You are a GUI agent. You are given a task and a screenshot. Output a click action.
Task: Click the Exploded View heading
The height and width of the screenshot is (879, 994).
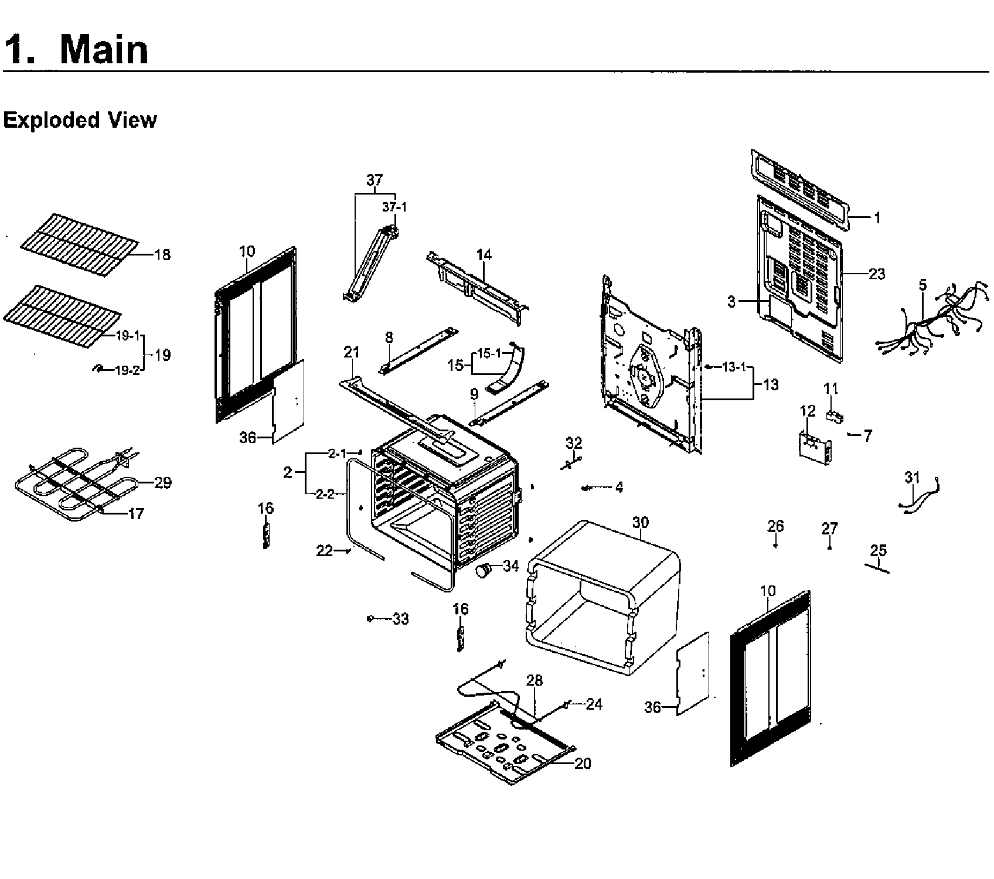coord(80,120)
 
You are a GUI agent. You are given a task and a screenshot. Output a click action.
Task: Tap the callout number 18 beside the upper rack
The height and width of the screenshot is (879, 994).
coord(162,255)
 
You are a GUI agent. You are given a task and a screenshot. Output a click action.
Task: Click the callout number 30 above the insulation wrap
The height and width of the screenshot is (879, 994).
coord(641,522)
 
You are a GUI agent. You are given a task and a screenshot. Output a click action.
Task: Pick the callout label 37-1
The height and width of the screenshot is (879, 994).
coord(394,207)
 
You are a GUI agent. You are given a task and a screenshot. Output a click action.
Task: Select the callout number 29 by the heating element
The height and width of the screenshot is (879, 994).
coord(162,483)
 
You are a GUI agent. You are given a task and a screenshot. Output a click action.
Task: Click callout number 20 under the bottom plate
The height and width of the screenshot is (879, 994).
coord(583,763)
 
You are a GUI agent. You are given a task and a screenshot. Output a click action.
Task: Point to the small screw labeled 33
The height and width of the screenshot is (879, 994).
coord(370,619)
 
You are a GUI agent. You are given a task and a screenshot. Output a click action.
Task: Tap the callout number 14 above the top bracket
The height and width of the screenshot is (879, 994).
coord(484,255)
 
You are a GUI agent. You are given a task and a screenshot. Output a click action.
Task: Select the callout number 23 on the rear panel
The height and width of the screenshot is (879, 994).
coord(876,274)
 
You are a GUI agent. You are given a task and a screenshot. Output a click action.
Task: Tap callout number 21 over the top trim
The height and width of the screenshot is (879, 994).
coord(351,352)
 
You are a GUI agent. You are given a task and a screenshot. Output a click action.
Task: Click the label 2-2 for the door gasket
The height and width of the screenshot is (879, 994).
coord(325,494)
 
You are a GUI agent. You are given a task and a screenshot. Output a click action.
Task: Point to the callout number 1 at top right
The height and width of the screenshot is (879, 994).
coord(877,218)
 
